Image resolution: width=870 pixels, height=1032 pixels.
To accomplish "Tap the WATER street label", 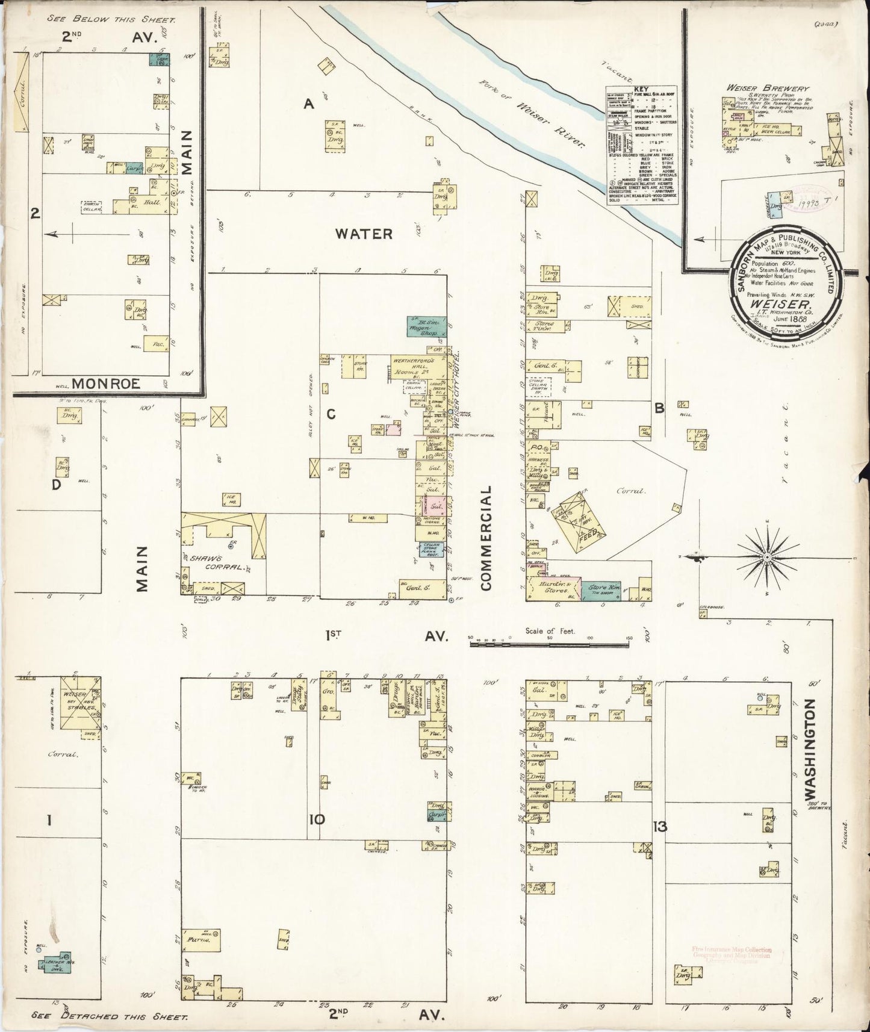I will point(364,234).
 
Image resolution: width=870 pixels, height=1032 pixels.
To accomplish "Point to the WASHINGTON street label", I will point(810,747).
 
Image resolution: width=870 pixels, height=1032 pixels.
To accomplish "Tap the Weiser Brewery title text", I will point(767,88).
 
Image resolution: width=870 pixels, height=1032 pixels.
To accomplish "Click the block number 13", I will point(660,826).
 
